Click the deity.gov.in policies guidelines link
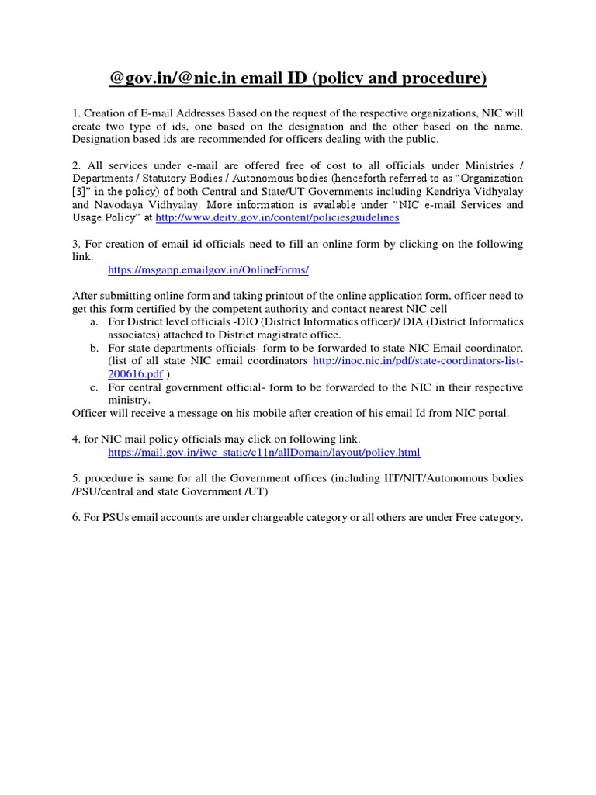[278, 218]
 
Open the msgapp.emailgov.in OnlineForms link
[208, 269]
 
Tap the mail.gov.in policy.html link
[264, 451]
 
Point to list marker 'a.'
[94, 321]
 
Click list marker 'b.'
[94, 348]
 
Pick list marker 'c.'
[94, 387]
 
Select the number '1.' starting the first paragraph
[76, 113]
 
